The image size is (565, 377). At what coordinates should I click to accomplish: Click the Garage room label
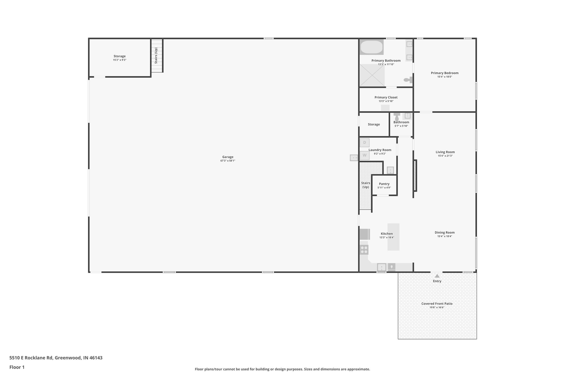(x=228, y=157)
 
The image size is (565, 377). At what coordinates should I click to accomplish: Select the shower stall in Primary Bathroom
(x=372, y=75)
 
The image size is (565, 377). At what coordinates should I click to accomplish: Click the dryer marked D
(x=364, y=143)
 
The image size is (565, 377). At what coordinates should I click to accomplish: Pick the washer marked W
(x=364, y=155)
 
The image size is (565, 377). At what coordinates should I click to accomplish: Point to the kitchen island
(x=393, y=237)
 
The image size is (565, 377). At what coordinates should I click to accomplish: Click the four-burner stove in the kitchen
(x=364, y=250)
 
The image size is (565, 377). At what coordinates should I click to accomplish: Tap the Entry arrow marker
(x=437, y=276)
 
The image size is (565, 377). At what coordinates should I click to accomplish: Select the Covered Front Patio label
(x=437, y=304)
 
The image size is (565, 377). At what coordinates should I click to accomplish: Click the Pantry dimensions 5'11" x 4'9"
(x=384, y=188)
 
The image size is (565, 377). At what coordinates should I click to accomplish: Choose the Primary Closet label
(x=386, y=97)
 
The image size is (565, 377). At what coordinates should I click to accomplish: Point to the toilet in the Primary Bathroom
(x=408, y=80)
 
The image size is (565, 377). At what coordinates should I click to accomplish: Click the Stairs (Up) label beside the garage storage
(x=156, y=56)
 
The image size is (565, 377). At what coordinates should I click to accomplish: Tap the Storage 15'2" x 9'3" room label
(x=119, y=56)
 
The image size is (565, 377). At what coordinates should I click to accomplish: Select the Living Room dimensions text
(x=445, y=156)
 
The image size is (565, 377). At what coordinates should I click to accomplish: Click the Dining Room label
(x=444, y=233)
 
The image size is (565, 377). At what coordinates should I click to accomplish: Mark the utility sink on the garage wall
(x=354, y=158)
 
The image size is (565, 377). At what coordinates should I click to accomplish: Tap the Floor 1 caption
(x=17, y=367)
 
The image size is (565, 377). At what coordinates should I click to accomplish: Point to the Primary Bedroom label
(x=444, y=73)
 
